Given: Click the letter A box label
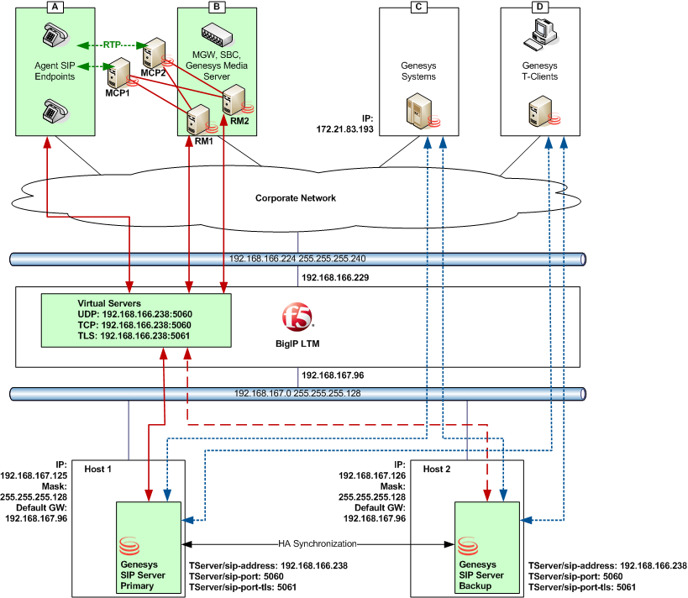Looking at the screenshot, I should (x=56, y=7).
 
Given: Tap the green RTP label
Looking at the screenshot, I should (x=112, y=45).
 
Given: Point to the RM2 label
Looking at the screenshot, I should (x=239, y=120).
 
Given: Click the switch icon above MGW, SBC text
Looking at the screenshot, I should (x=218, y=34).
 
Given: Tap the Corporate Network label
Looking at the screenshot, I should (x=296, y=198).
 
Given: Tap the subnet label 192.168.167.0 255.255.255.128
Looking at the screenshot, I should (x=296, y=393).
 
